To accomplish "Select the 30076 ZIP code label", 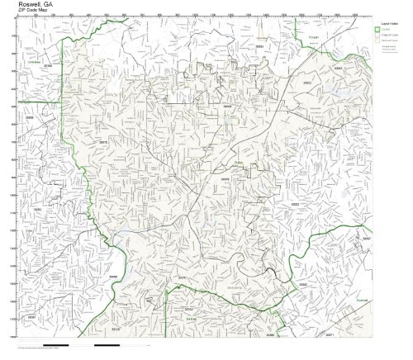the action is pos(225,178).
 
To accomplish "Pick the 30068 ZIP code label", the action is pos(114,277).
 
